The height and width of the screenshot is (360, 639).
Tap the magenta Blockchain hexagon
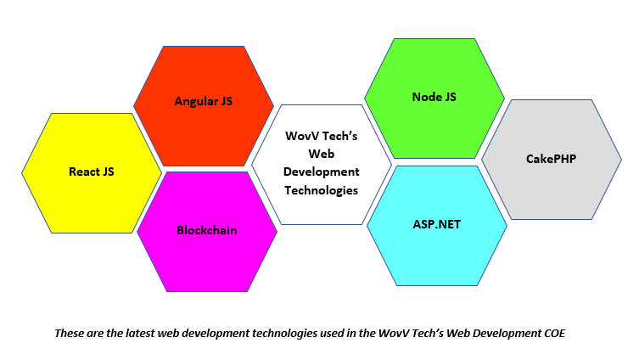tap(206, 255)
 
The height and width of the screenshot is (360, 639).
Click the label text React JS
tap(91, 172)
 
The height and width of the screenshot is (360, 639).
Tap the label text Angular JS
tap(204, 101)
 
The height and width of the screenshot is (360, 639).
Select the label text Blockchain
tap(206, 230)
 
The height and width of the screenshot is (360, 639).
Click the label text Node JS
tap(434, 97)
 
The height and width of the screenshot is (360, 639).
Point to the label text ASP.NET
tap(437, 225)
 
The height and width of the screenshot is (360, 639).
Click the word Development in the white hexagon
tap(322, 172)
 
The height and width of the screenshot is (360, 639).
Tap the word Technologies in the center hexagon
tap(322, 190)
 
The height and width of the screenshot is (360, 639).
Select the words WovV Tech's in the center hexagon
tap(322, 135)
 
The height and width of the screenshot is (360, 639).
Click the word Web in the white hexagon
tap(322, 154)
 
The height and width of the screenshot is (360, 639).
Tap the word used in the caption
tap(330, 333)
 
